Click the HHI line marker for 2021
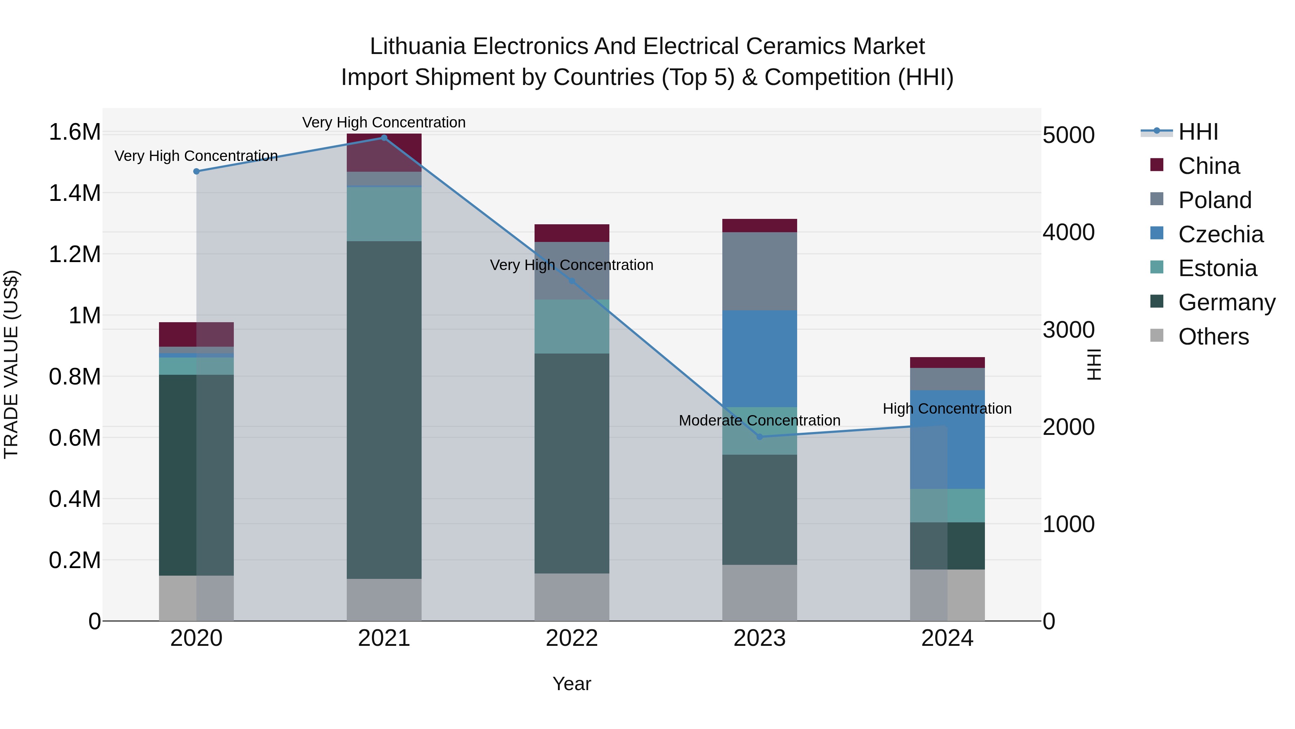(x=384, y=138)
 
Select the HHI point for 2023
(x=760, y=437)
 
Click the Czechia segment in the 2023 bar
(x=760, y=358)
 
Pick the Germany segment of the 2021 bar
(x=384, y=410)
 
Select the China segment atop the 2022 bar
(x=572, y=233)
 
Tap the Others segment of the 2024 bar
(x=947, y=595)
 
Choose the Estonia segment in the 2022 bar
(x=572, y=327)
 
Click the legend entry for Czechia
(x=1220, y=234)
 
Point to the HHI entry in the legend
(x=1198, y=132)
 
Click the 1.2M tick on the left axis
(x=74, y=255)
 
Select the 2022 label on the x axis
(x=572, y=638)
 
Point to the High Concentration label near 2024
(x=947, y=409)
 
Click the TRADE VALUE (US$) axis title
(x=11, y=364)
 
